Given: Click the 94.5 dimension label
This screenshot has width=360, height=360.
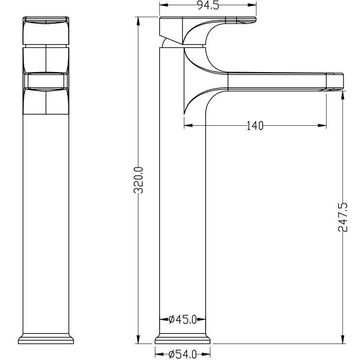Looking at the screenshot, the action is pyautogui.click(x=208, y=5).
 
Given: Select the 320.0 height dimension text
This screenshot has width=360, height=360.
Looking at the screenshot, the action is pyautogui.click(x=138, y=180).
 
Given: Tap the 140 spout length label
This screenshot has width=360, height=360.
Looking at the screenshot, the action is pyautogui.click(x=255, y=126).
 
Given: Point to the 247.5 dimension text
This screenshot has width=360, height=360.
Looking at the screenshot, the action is pyautogui.click(x=343, y=217).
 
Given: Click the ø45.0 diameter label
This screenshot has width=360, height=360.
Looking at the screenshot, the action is pyautogui.click(x=182, y=319).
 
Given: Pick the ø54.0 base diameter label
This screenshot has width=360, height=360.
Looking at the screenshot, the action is pyautogui.click(x=182, y=355).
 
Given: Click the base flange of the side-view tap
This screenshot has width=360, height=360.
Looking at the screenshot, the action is pyautogui.click(x=182, y=339).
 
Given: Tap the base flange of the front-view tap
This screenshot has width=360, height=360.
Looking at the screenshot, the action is pyautogui.click(x=46, y=339).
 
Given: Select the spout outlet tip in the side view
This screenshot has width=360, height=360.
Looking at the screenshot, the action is pyautogui.click(x=335, y=81).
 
